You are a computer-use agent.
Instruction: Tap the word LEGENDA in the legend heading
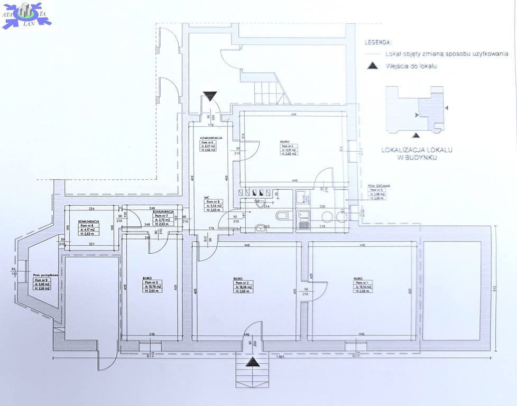click(378, 42)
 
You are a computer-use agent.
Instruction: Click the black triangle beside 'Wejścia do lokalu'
click(373, 66)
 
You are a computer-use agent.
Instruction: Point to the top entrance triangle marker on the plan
click(210, 96)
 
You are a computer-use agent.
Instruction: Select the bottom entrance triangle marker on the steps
click(253, 362)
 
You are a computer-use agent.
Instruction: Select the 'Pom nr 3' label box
click(154, 287)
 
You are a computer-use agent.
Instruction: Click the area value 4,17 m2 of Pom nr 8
click(88, 230)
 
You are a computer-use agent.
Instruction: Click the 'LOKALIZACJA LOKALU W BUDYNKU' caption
click(417, 153)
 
